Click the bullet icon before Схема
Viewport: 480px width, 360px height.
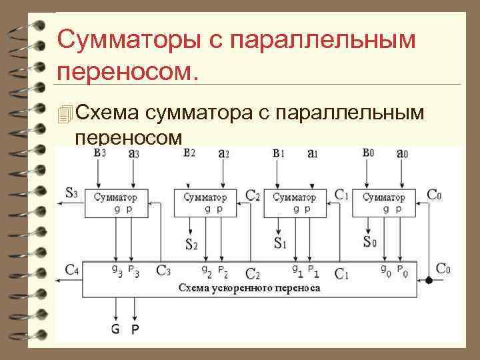coord(64,115)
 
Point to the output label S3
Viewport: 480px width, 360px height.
coord(71,194)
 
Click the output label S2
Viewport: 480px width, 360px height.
coord(191,244)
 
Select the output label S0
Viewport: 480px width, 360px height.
coord(369,241)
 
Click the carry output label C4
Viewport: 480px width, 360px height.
coord(72,270)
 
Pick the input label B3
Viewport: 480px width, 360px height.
coord(99,153)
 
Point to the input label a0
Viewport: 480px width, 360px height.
coord(402,153)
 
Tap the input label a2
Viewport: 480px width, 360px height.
coord(223,153)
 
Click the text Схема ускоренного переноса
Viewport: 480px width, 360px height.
coord(249,289)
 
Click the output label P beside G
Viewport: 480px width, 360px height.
coord(135,329)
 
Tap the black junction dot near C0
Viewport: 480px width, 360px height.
coord(429,280)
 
